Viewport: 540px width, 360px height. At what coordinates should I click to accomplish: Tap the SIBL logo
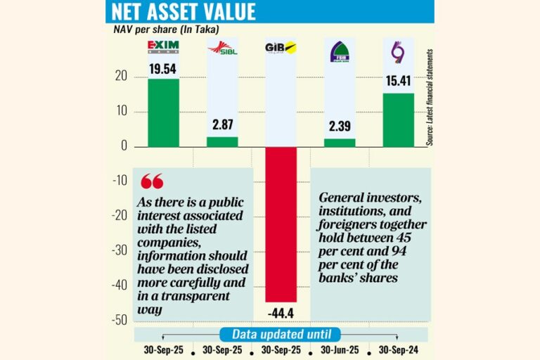click(221, 49)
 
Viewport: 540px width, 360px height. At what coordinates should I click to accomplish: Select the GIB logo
click(280, 48)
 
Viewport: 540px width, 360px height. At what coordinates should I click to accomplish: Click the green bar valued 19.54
click(163, 112)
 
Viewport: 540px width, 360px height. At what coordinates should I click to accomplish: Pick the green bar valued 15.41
click(398, 120)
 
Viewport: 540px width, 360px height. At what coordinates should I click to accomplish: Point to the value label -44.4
click(280, 311)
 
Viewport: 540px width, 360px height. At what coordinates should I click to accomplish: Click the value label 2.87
click(222, 125)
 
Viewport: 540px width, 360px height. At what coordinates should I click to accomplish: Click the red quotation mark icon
click(151, 181)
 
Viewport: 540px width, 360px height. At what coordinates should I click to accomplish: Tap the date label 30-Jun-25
click(340, 349)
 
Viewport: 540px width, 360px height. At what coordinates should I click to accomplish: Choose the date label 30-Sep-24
click(398, 349)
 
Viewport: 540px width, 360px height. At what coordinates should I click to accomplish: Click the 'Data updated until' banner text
click(281, 335)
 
